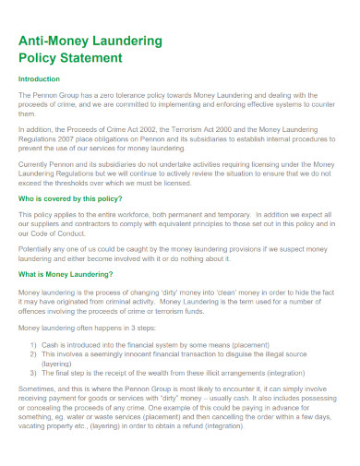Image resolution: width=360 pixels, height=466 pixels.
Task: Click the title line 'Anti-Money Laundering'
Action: coord(90,41)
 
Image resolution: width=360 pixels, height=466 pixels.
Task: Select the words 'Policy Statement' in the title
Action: coord(70,57)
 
